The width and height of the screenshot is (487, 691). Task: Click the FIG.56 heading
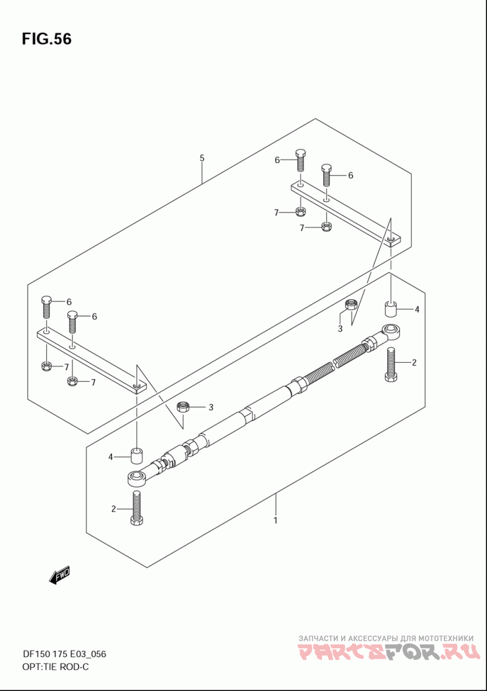46,39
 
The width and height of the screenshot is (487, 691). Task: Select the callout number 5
202,158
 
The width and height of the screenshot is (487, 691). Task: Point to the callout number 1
275,521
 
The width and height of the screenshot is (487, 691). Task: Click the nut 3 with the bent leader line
351,304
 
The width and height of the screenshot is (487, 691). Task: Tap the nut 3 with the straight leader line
183,406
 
